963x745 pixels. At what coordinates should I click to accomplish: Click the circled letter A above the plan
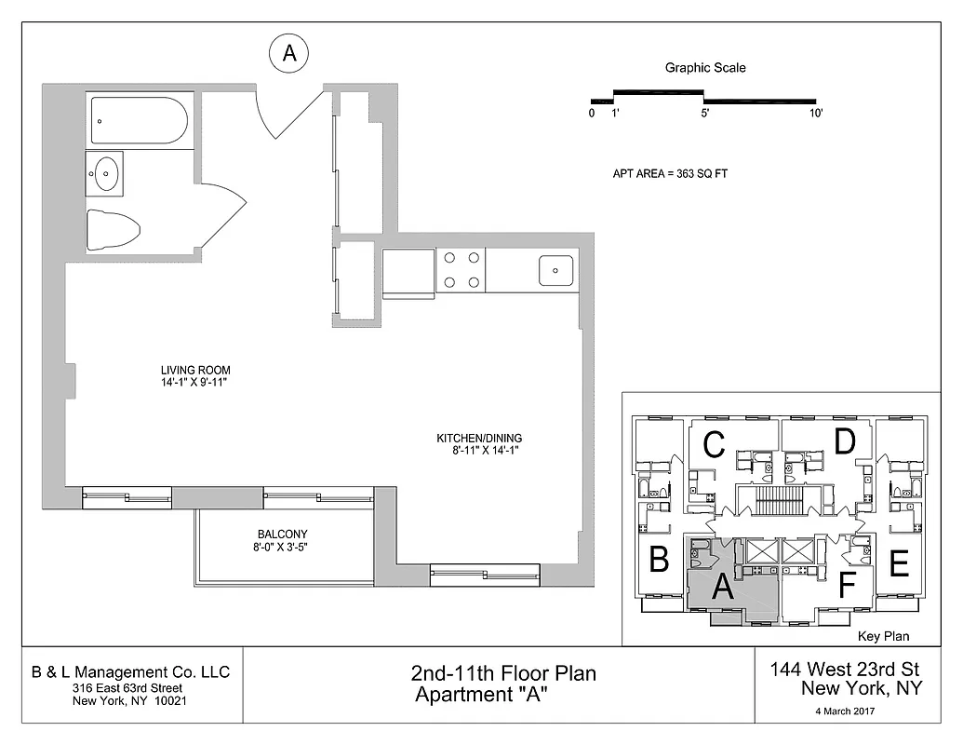pos(288,54)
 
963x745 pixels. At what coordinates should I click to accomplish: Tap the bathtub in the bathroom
pos(140,121)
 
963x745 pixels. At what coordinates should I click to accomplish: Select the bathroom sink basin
pos(108,172)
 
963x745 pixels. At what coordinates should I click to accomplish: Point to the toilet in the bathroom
pos(112,229)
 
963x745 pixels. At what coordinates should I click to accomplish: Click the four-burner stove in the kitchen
pos(461,270)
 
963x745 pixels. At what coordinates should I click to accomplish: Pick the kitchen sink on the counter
pos(555,270)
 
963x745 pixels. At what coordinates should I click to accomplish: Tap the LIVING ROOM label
pos(194,370)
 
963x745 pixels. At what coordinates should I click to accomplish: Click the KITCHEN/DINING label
pos(479,438)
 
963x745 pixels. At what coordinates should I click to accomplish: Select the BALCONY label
pos(282,534)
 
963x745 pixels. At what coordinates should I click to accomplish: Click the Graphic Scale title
pos(704,68)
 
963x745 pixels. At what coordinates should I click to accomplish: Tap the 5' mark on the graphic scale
pos(704,114)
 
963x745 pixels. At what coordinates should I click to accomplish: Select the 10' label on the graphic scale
pos(815,114)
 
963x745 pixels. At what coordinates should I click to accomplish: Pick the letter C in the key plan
pos(714,445)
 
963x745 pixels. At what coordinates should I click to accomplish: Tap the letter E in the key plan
pos(898,564)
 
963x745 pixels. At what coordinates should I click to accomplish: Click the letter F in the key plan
pos(846,585)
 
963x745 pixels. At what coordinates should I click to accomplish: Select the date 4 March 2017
pos(846,711)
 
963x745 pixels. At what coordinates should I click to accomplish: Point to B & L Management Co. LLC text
pos(130,672)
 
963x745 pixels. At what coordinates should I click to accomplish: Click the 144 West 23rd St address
pos(845,669)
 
